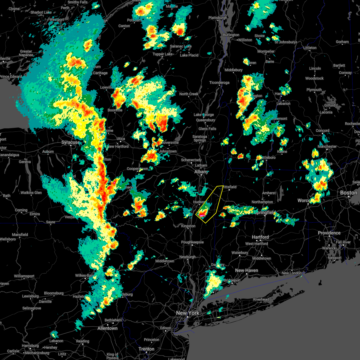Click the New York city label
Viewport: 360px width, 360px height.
(x=187, y=313)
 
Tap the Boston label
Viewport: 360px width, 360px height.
(x=349, y=193)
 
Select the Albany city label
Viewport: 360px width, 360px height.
(x=201, y=172)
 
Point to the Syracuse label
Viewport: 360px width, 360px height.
(x=70, y=142)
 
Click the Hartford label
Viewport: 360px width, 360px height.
(x=260, y=237)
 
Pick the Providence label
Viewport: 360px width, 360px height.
(x=329, y=233)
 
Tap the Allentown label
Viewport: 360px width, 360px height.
(x=107, y=328)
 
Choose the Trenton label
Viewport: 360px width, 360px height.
(x=146, y=349)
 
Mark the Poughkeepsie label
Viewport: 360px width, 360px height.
(x=192, y=242)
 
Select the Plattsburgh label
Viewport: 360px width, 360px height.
(x=218, y=18)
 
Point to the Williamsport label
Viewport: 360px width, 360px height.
(x=24, y=276)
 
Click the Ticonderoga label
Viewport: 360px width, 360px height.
(x=219, y=82)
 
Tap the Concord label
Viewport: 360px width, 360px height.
(x=322, y=130)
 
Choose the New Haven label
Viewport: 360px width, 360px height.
(x=246, y=270)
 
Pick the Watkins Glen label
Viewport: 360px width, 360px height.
(x=31, y=193)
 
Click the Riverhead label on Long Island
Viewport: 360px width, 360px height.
(x=261, y=299)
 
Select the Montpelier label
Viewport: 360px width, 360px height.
(x=266, y=51)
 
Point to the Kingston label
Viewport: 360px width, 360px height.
(x=188, y=226)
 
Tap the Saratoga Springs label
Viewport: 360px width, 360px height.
(x=200, y=138)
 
